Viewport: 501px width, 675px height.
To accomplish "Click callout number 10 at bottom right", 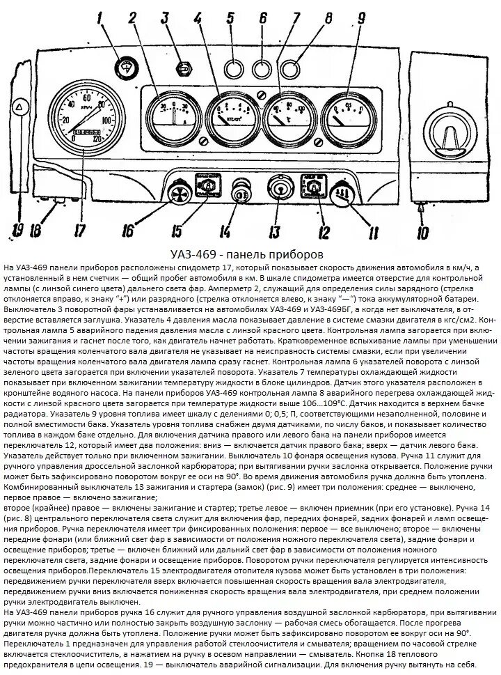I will click(422, 232).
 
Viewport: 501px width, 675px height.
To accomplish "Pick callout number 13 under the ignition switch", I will click(275, 230).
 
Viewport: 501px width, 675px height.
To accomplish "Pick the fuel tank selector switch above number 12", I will click(311, 187).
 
